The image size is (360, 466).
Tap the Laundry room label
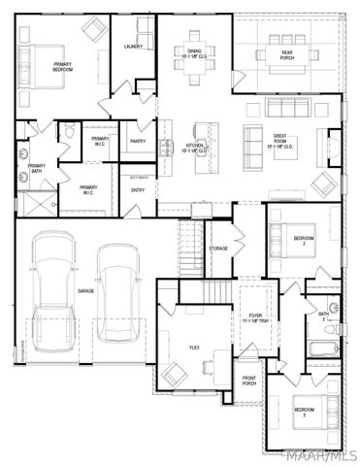click(x=133, y=47)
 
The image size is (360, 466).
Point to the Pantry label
click(x=138, y=141)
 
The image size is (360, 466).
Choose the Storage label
click(x=218, y=249)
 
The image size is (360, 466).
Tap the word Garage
click(x=86, y=290)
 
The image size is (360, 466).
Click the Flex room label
click(x=194, y=347)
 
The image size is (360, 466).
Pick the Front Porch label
click(x=249, y=382)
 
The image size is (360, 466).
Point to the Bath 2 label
click(x=323, y=316)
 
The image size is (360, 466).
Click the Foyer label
click(x=255, y=318)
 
